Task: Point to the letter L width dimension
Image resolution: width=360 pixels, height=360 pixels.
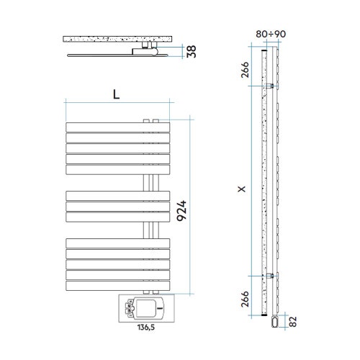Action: coord(115,93)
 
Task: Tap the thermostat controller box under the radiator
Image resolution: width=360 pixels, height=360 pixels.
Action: coord(145,308)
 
